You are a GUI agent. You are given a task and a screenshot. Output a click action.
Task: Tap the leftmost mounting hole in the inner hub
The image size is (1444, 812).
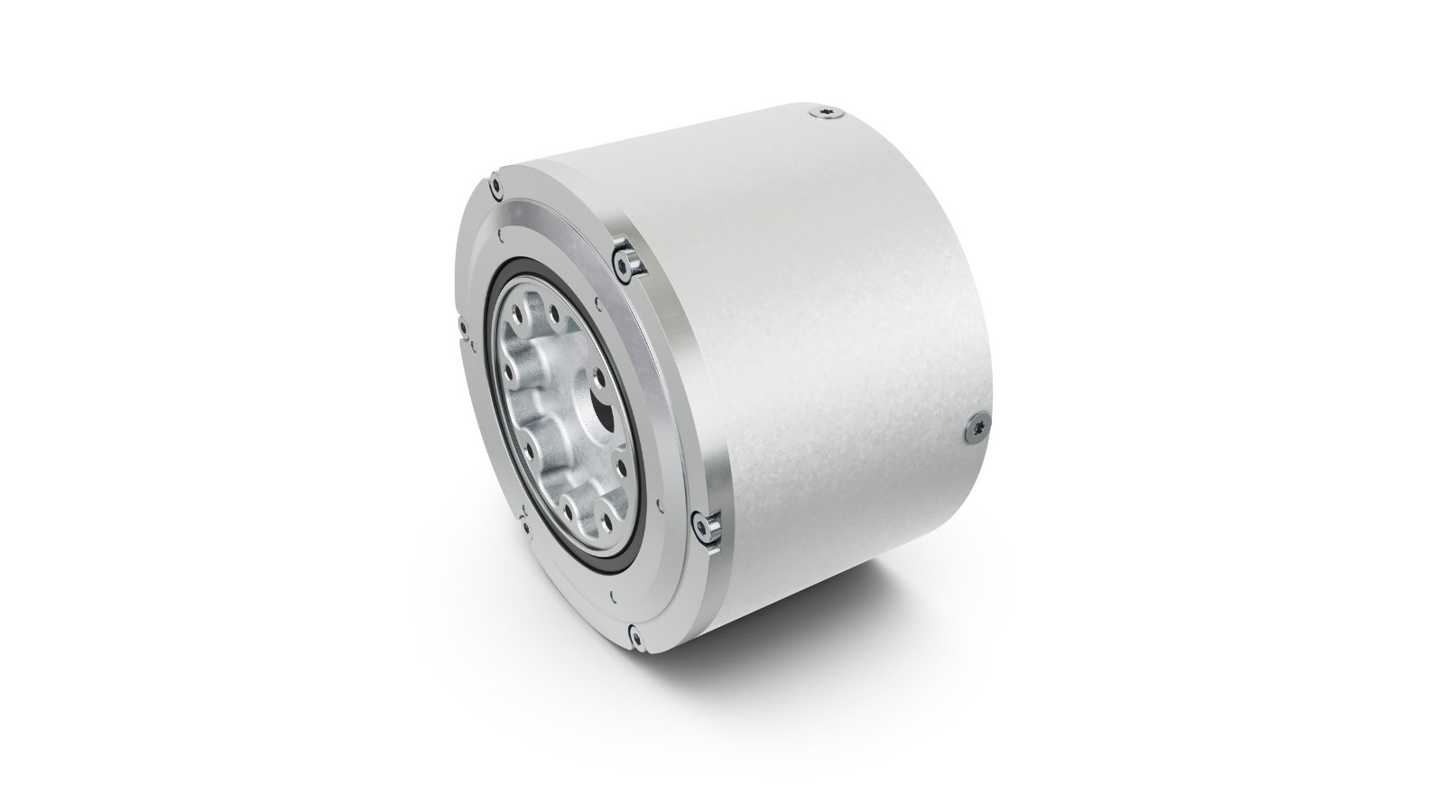tap(511, 371)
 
